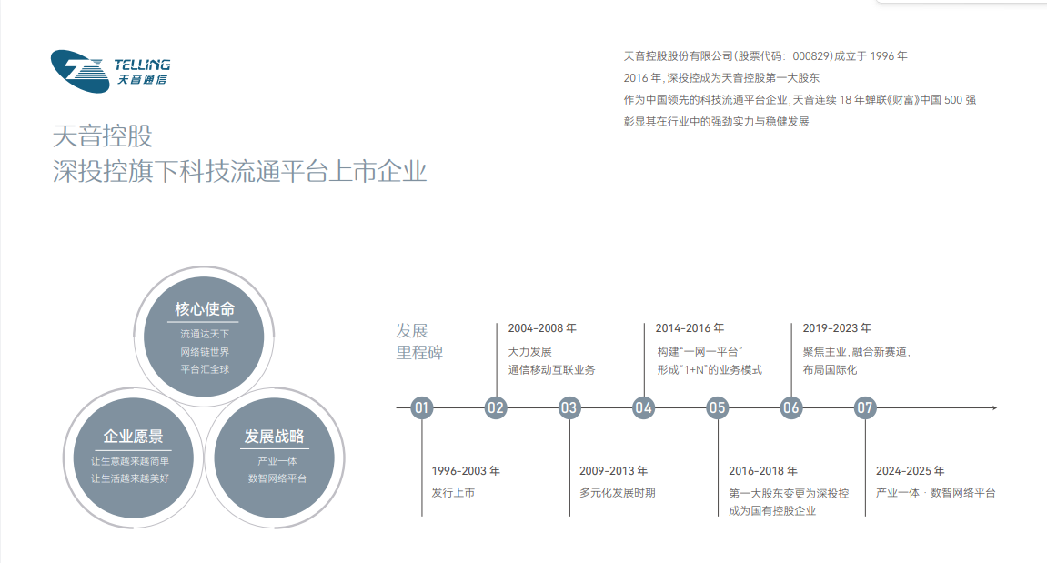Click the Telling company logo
tap(110, 71)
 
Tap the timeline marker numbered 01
tap(421, 407)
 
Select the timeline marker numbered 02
tap(496, 407)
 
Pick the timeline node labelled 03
tap(569, 407)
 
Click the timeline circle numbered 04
tap(643, 407)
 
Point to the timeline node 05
tap(717, 407)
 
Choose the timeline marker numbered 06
tap(790, 407)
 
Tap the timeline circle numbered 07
tap(865, 407)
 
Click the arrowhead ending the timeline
tap(994, 407)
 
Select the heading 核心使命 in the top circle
tap(205, 309)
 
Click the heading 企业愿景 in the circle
tap(133, 437)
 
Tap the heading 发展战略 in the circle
tap(274, 437)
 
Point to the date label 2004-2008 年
tap(542, 328)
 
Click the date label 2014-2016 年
tap(690, 328)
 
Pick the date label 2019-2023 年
tap(837, 328)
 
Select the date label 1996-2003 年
tap(466, 471)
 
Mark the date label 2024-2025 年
tap(911, 471)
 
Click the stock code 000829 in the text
tap(811, 56)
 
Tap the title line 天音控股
tap(102, 136)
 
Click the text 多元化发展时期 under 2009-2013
tap(617, 493)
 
